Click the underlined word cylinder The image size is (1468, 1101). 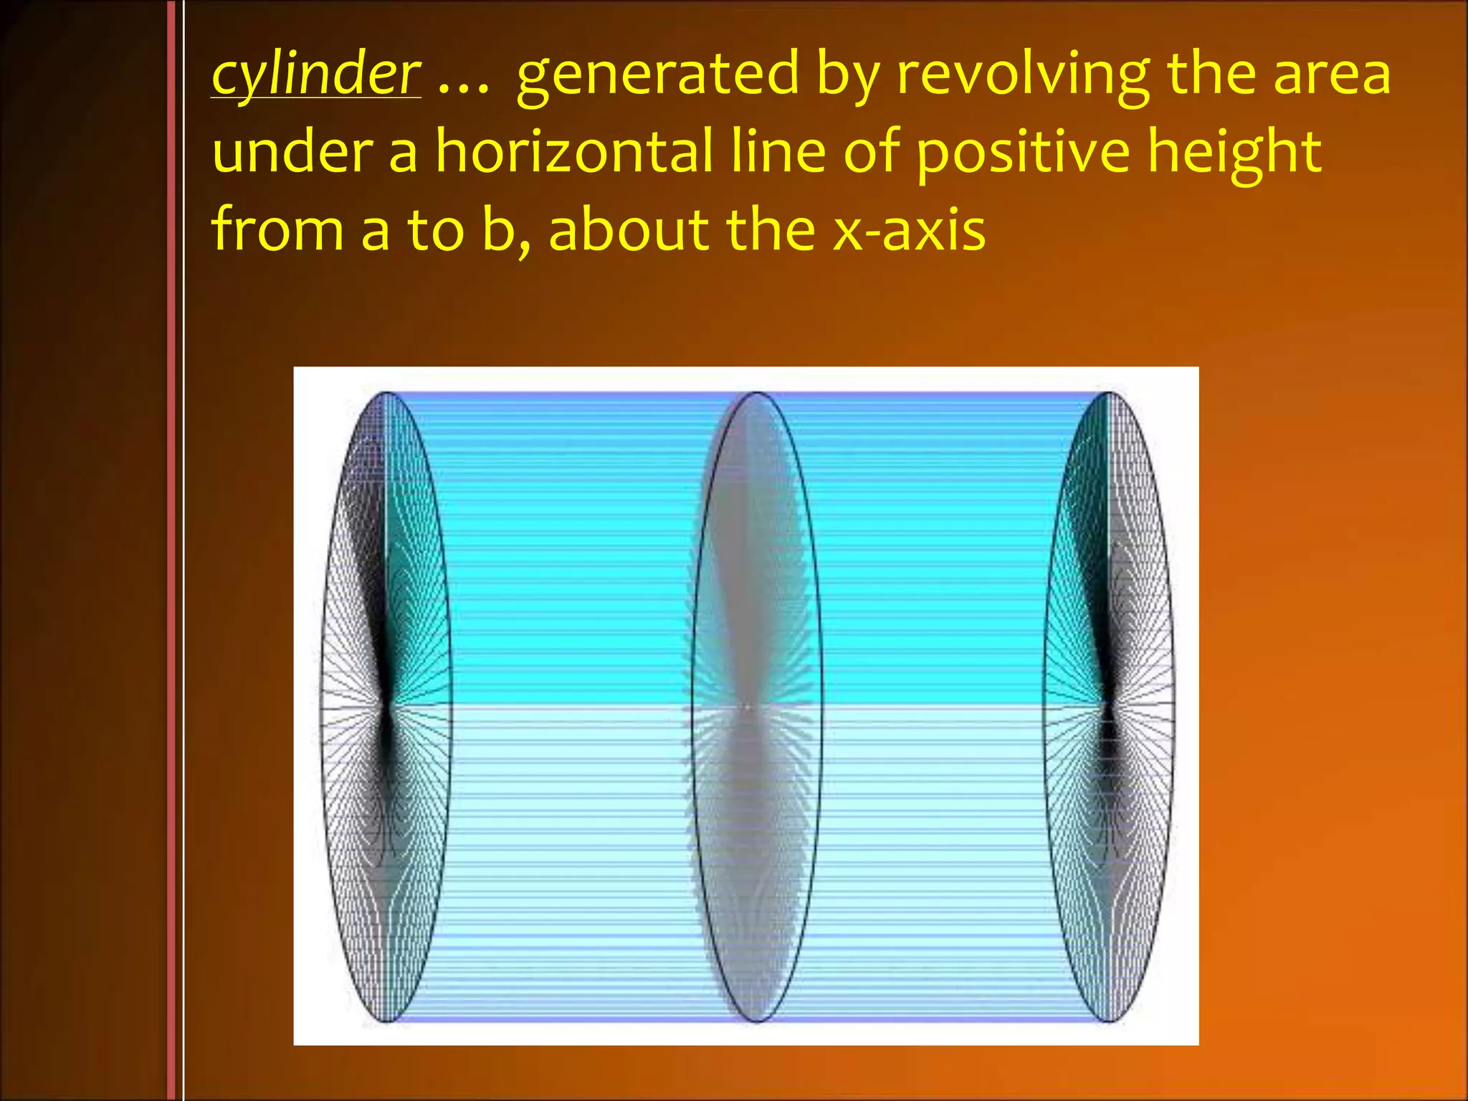coord(316,75)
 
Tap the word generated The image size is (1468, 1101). coord(657,75)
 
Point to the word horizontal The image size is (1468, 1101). coord(574,152)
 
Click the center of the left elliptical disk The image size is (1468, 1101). coord(386,707)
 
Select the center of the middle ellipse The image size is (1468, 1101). coord(757,707)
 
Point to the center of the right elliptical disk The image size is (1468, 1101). coord(1109,707)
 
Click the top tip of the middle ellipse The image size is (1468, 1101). coord(757,394)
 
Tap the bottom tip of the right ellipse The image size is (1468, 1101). coord(1109,1020)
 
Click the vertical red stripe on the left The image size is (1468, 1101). coord(171,550)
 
